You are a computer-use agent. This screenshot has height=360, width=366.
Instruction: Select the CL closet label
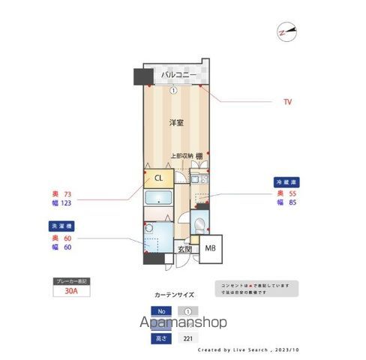point(158,178)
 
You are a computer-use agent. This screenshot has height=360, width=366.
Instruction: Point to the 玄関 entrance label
point(184,249)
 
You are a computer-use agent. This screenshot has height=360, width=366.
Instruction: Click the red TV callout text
point(287,101)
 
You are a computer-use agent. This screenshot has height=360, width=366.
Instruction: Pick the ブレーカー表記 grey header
point(71,280)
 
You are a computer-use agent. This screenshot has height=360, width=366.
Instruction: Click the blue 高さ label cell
point(161,339)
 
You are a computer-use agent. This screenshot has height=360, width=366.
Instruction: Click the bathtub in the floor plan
point(157,200)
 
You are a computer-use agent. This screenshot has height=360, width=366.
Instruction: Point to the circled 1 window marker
point(173,91)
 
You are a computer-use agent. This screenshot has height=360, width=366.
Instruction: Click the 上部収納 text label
point(181,156)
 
